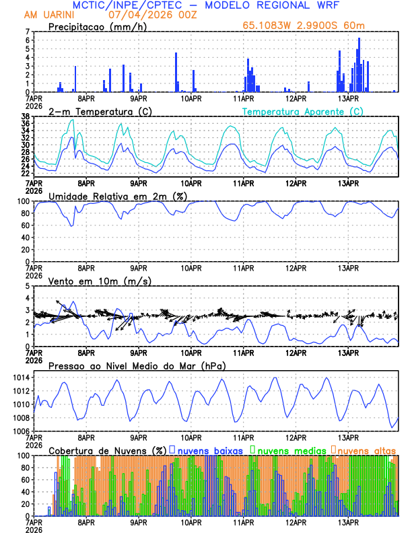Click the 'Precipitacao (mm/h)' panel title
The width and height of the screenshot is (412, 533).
pyautogui.click(x=96, y=27)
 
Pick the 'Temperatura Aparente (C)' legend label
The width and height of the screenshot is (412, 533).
pyautogui.click(x=303, y=111)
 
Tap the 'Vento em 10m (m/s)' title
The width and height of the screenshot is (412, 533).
pyautogui.click(x=91, y=281)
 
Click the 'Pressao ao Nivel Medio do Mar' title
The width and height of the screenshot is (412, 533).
pyautogui.click(x=137, y=365)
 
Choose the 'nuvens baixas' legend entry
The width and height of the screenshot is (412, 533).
pyautogui.click(x=202, y=450)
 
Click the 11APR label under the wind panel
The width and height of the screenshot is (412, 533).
pyautogui.click(x=243, y=352)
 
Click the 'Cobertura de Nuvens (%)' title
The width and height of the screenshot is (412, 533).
pyautogui.click(x=107, y=450)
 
